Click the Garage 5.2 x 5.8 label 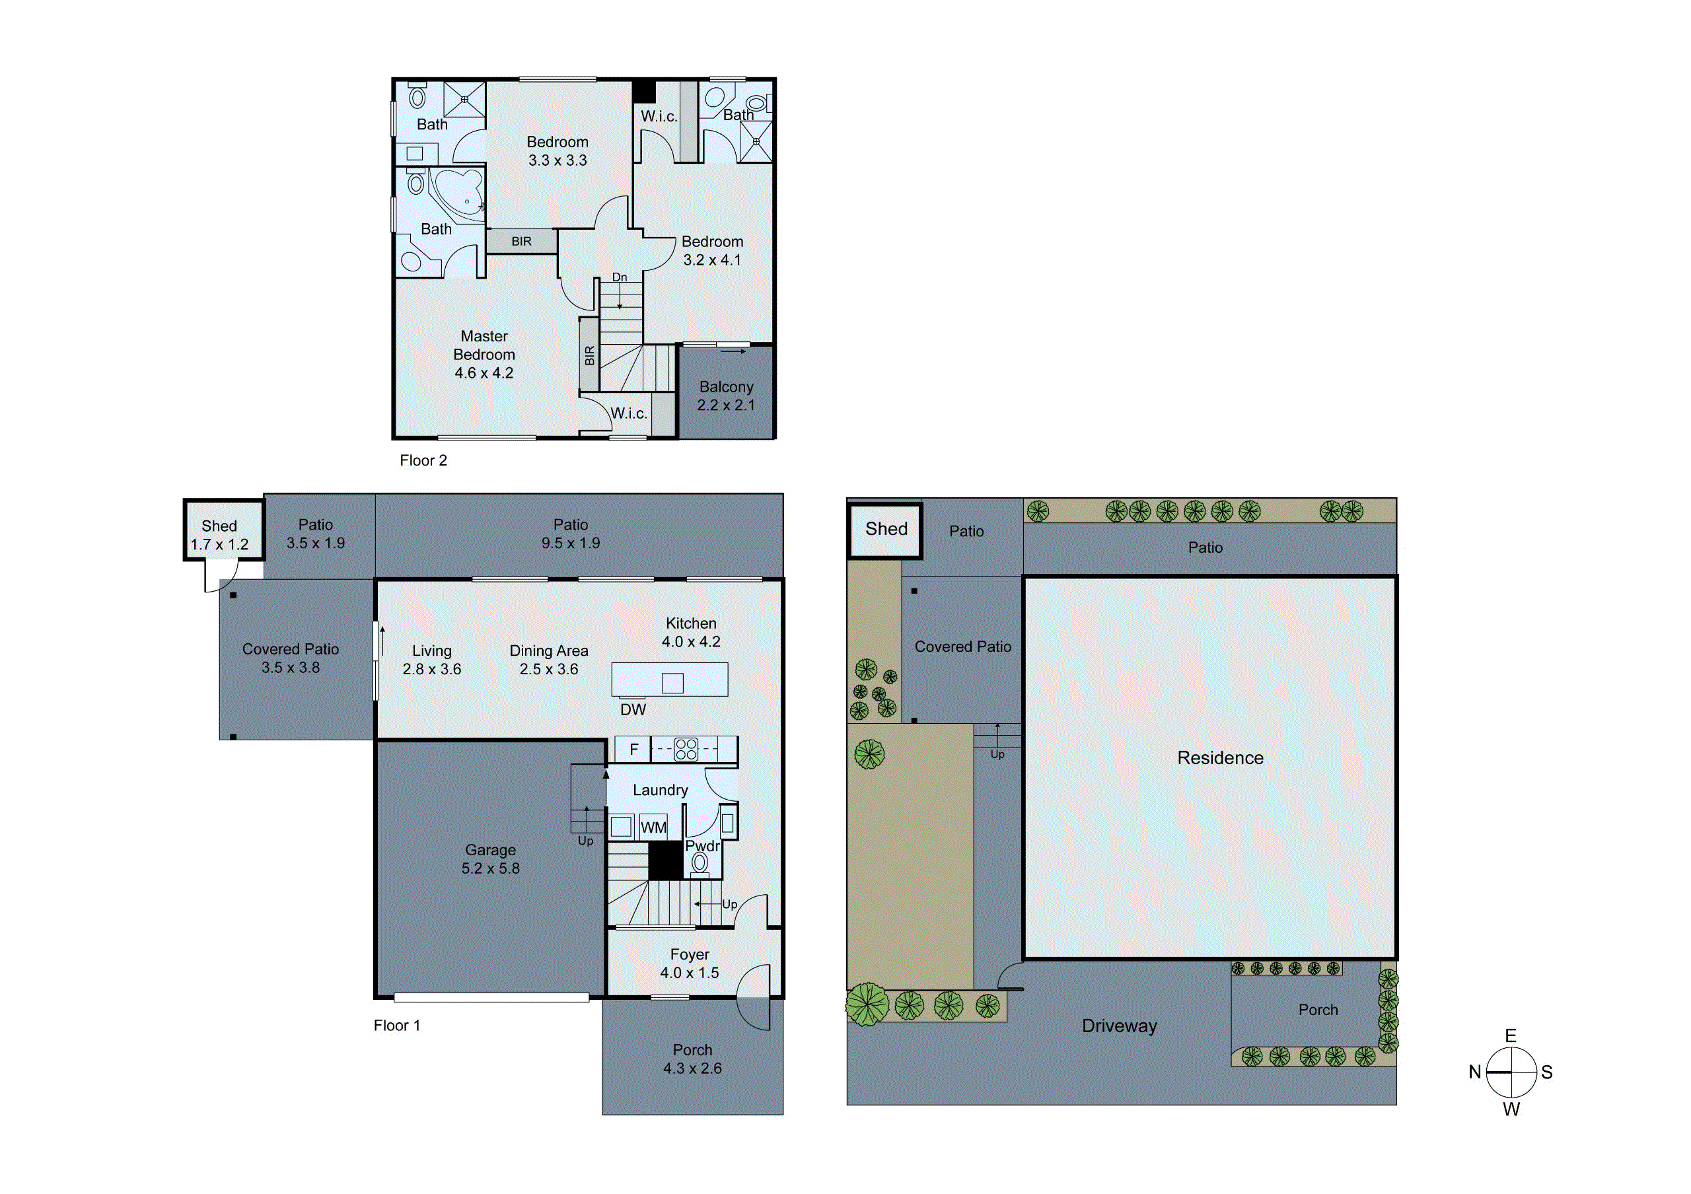491,859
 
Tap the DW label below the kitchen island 633,710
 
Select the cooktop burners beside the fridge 686,750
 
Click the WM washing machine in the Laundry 653,827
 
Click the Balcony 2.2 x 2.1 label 726,396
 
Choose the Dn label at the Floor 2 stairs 620,277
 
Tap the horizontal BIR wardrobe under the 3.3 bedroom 521,242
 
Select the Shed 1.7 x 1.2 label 219,535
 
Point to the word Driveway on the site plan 1119,1026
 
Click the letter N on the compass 1474,1072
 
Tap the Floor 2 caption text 423,461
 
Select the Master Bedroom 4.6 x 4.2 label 484,355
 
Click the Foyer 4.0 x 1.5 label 690,964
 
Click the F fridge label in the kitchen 633,750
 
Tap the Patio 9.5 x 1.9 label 571,534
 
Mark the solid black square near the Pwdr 665,860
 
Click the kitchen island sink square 672,683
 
